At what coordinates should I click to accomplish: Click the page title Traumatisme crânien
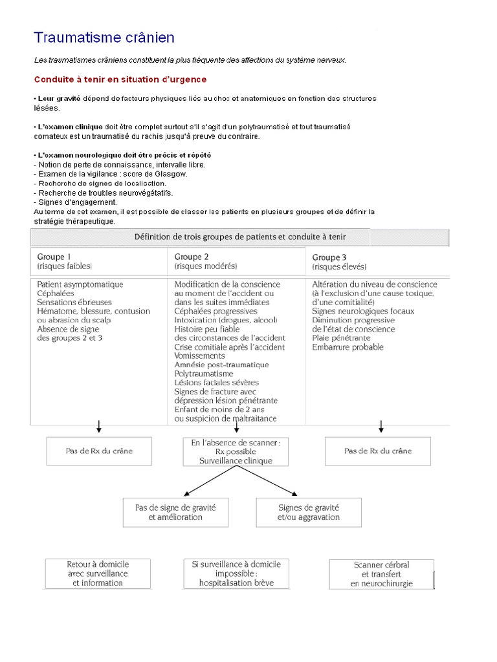click(x=104, y=37)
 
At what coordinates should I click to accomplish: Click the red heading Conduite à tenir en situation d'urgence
click(x=120, y=80)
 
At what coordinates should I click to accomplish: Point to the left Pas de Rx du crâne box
click(x=99, y=451)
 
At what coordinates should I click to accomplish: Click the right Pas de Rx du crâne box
click(x=378, y=451)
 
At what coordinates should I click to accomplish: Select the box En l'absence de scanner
click(x=236, y=451)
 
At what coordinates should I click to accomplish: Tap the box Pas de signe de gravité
click(x=175, y=512)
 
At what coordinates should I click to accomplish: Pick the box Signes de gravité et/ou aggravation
click(x=309, y=512)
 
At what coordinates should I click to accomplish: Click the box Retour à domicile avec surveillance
click(x=98, y=573)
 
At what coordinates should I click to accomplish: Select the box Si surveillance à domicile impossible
click(x=236, y=573)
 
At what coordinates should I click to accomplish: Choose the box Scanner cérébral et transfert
click(x=382, y=573)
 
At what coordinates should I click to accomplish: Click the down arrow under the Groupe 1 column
click(x=99, y=426)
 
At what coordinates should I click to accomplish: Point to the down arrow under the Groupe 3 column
click(x=381, y=426)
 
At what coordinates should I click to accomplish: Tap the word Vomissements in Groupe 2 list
click(x=200, y=356)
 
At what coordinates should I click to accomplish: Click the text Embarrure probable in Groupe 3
click(x=348, y=347)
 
